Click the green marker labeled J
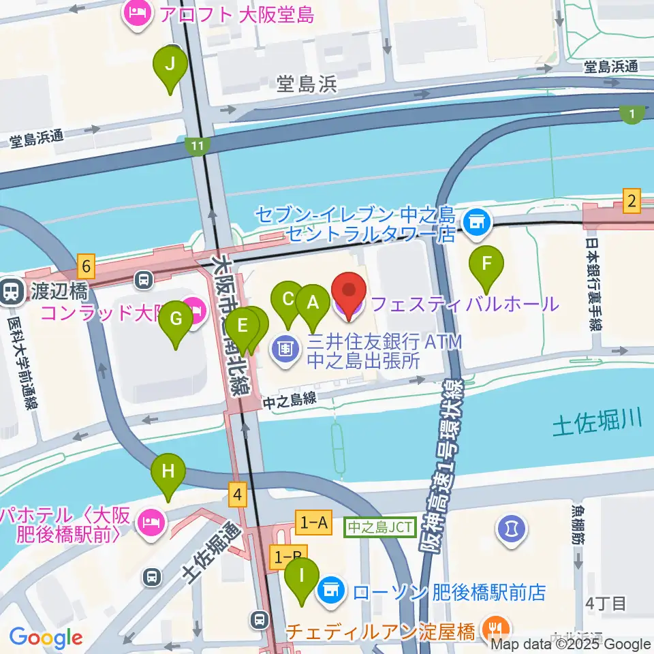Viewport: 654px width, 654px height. click(x=170, y=65)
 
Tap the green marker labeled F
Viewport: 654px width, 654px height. click(x=487, y=264)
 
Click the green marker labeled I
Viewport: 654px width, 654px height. click(x=302, y=576)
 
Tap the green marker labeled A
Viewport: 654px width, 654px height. click(x=313, y=302)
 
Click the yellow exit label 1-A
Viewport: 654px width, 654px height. click(x=313, y=523)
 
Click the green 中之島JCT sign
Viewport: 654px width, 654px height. click(x=380, y=527)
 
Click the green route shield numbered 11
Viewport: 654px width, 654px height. click(x=198, y=145)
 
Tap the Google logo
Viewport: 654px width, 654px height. click(x=46, y=638)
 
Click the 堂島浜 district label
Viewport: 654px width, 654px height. click(x=307, y=84)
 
